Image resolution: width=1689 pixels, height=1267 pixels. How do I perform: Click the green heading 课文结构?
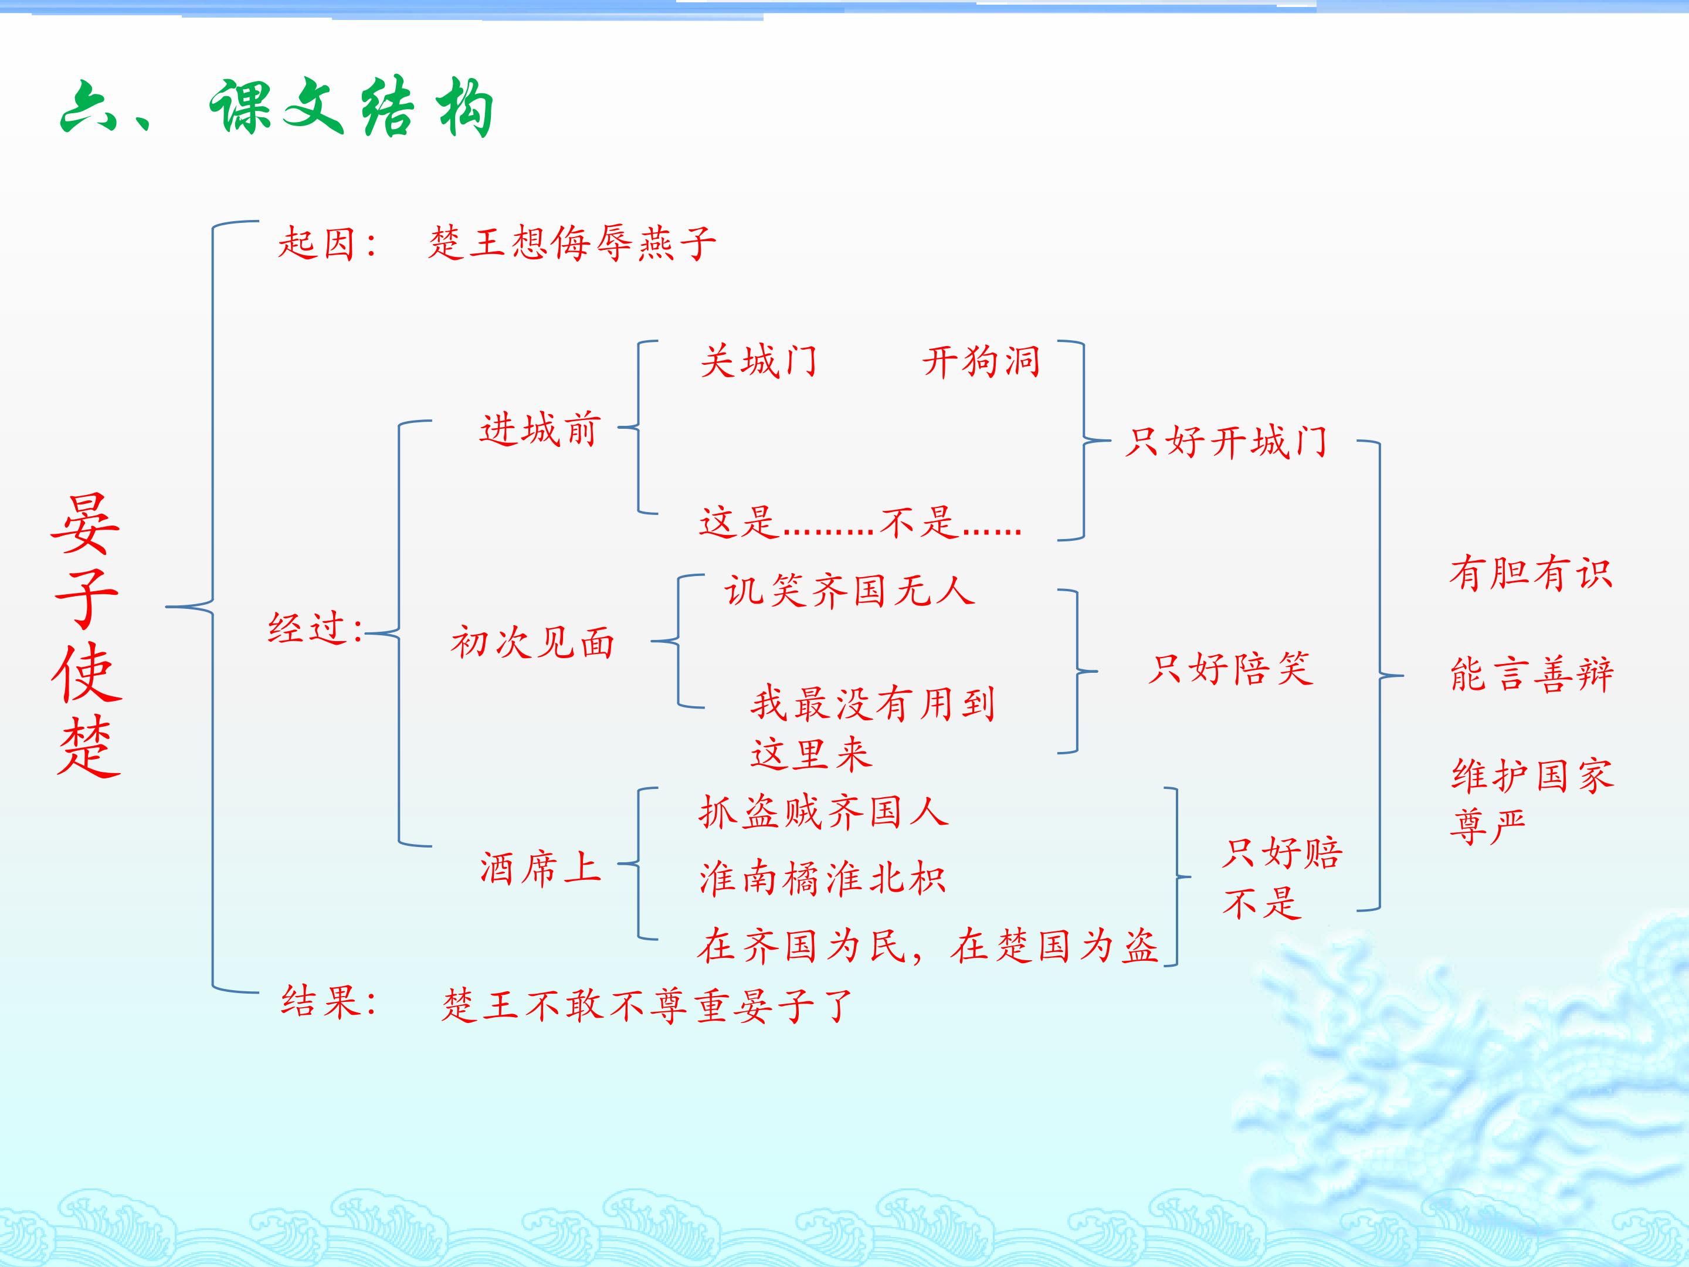click(352, 109)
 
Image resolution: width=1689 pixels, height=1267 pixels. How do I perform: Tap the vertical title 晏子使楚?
click(86, 635)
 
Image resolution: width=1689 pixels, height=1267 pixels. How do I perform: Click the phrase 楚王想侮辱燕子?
click(572, 243)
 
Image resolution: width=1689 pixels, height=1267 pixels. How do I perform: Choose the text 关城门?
click(758, 361)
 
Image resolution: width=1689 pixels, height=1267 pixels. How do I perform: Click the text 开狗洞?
click(981, 361)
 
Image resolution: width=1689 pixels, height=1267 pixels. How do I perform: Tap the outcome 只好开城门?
click(1226, 442)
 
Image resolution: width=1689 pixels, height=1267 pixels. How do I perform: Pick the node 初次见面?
click(533, 642)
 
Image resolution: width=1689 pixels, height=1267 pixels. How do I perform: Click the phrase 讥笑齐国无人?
click(850, 590)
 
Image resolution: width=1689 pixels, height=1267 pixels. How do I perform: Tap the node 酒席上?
click(540, 868)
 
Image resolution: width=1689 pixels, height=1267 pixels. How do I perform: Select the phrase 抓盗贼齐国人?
click(824, 811)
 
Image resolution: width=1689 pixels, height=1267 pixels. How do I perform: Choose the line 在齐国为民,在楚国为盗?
click(928, 946)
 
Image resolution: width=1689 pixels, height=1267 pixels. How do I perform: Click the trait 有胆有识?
click(1531, 574)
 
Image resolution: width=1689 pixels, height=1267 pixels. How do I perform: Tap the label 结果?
click(329, 1001)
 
